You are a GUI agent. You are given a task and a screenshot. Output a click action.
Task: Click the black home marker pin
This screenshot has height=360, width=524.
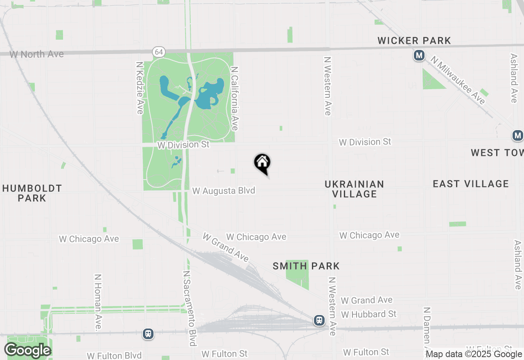pos(262,163)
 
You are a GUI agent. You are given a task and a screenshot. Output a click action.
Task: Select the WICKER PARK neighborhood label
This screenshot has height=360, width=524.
pos(414,40)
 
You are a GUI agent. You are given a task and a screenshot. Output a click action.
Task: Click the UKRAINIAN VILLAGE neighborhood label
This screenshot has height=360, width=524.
pos(354,189)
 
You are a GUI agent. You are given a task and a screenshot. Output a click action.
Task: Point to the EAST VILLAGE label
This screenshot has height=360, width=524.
pos(471,184)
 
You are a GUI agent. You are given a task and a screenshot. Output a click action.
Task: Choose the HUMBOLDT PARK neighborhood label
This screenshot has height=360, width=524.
pos(32,193)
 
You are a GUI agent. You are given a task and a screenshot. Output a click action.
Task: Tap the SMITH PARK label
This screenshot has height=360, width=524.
pos(306,266)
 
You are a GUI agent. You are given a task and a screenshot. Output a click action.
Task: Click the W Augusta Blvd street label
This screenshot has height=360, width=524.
pos(224,191)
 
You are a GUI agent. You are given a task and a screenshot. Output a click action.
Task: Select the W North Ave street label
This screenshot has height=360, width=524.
pos(36,54)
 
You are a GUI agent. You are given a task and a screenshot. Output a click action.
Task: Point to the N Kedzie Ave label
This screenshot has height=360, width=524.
pos(140,88)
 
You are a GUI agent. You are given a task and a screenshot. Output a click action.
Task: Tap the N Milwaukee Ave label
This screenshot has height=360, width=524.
pos(458,80)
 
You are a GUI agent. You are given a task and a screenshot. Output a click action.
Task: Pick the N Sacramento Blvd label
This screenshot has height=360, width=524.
pos(190,308)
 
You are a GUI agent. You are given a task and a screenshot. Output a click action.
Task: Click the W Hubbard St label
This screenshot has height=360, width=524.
pos(368,314)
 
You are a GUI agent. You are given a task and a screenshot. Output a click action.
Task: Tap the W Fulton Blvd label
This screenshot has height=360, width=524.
pos(114,355)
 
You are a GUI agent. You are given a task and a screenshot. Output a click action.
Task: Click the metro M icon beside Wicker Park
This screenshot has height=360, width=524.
pos(419,55)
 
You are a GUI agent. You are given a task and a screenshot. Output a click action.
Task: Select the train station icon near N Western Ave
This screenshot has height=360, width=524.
pos(319,320)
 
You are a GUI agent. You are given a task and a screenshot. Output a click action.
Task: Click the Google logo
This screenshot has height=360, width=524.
pos(27,350)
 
